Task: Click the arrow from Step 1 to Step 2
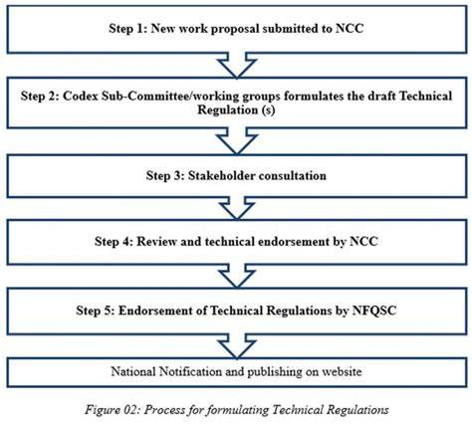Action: tap(237, 66)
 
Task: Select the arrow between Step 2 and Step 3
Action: tap(237, 141)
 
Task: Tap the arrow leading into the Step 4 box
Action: tap(237, 208)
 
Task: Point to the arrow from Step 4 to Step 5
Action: tap(237, 276)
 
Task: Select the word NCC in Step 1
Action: tap(350, 29)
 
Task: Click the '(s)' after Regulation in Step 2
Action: tap(268, 110)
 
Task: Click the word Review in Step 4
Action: tap(156, 242)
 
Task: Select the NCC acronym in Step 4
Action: tap(363, 242)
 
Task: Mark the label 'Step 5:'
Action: tap(96, 311)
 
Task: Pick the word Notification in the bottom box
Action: tap(190, 371)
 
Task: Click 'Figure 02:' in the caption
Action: tap(113, 410)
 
